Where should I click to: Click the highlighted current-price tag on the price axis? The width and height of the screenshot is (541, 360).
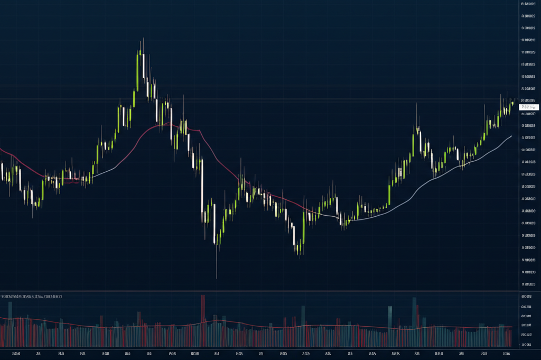pos(528,107)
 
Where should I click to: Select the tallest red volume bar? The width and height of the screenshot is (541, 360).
pos(202,317)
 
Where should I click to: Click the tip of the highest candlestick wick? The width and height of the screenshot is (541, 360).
pos(143,38)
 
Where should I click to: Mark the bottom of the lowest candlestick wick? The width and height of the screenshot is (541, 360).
pos(217,279)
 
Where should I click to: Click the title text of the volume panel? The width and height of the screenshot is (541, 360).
pos(32,297)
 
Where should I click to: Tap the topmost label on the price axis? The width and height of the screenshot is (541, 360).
pos(528,4)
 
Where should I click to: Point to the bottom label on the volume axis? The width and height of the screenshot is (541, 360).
pos(526,344)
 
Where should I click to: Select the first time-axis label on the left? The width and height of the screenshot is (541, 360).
pos(15,353)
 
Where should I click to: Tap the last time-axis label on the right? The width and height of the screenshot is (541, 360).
pos(506,353)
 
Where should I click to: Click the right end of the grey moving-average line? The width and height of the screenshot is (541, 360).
pos(511,136)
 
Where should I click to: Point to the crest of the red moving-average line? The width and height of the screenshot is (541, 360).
pos(167,123)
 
